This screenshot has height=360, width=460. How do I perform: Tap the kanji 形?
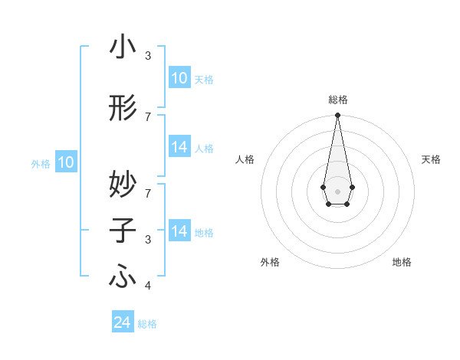click(123, 109)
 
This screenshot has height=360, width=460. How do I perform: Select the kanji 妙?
click(123, 184)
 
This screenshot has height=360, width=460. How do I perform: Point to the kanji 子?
click(123, 231)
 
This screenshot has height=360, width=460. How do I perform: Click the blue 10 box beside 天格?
click(179, 78)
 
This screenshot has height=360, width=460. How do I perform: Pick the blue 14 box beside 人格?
click(179, 147)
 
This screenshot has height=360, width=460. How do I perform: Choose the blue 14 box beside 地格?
click(179, 231)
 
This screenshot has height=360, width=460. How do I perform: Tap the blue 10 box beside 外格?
click(66, 162)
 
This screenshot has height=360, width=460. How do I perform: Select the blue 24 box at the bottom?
click(123, 323)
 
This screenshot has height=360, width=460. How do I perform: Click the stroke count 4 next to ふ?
click(148, 286)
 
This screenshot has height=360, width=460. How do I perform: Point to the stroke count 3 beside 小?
click(148, 56)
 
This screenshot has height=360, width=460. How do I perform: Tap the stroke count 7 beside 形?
click(148, 116)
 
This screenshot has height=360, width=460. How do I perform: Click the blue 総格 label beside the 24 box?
click(147, 324)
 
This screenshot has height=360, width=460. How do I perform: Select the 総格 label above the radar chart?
click(337, 100)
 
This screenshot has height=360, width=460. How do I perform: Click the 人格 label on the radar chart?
click(245, 159)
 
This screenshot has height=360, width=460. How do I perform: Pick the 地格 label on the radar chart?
click(402, 263)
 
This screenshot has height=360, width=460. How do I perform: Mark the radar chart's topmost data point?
click(337, 116)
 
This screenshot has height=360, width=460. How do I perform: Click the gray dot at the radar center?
click(337, 190)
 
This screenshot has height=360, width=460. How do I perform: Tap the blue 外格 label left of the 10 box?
click(40, 163)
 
